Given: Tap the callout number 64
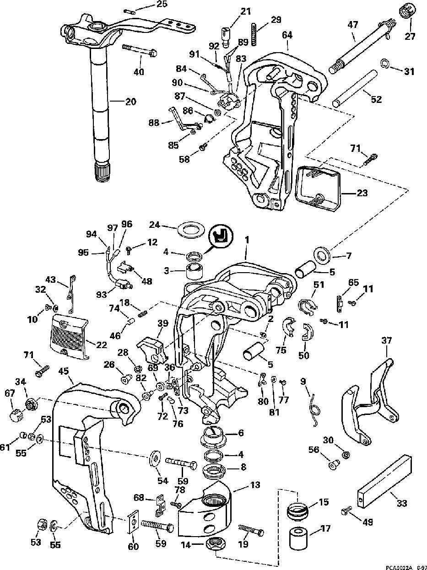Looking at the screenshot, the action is (x=287, y=35).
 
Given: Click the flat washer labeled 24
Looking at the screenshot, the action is (x=191, y=229).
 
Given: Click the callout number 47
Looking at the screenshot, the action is (x=353, y=25).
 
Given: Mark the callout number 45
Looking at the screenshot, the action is (x=63, y=371).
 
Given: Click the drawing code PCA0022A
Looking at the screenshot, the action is (x=399, y=567).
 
